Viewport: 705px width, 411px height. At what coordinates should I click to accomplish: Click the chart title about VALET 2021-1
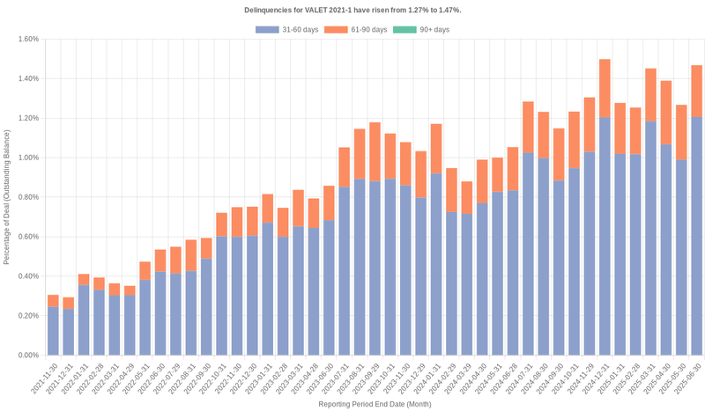[x=352, y=10]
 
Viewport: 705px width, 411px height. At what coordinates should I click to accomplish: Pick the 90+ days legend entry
[x=420, y=30]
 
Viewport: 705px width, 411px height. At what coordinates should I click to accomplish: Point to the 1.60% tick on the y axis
[x=27, y=39]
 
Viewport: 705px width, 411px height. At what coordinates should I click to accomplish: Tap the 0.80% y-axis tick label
[x=27, y=197]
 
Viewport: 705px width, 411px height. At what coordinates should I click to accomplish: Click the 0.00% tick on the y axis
[x=27, y=356]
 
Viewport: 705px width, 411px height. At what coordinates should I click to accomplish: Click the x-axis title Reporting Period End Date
[x=374, y=404]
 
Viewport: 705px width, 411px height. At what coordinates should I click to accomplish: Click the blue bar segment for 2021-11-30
[x=53, y=331]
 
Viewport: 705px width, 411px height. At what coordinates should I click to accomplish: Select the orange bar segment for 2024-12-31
[x=605, y=88]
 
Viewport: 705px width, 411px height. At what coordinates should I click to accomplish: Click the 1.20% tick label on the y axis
[x=27, y=118]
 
